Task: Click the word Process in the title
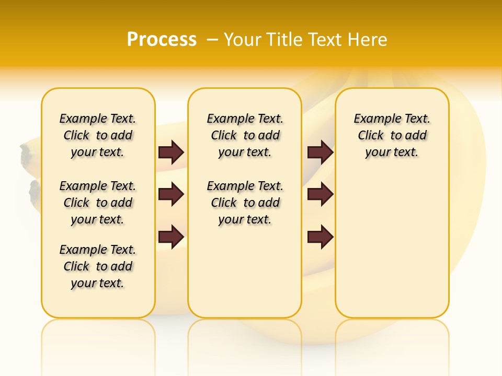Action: click(x=162, y=39)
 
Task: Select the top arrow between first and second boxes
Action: click(x=172, y=152)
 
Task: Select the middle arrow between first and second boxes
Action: click(x=172, y=195)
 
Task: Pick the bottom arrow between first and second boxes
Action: click(x=172, y=237)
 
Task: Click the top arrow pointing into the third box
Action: click(x=320, y=152)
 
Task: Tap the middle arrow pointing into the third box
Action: click(x=320, y=195)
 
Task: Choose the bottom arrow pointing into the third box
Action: click(x=320, y=237)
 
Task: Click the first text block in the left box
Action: click(x=98, y=135)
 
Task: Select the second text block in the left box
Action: click(x=98, y=203)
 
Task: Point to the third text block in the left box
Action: click(x=98, y=266)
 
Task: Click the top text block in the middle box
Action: click(x=245, y=135)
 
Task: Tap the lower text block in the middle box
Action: click(x=245, y=203)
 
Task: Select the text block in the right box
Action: click(x=392, y=135)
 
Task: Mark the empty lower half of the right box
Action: click(x=392, y=251)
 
